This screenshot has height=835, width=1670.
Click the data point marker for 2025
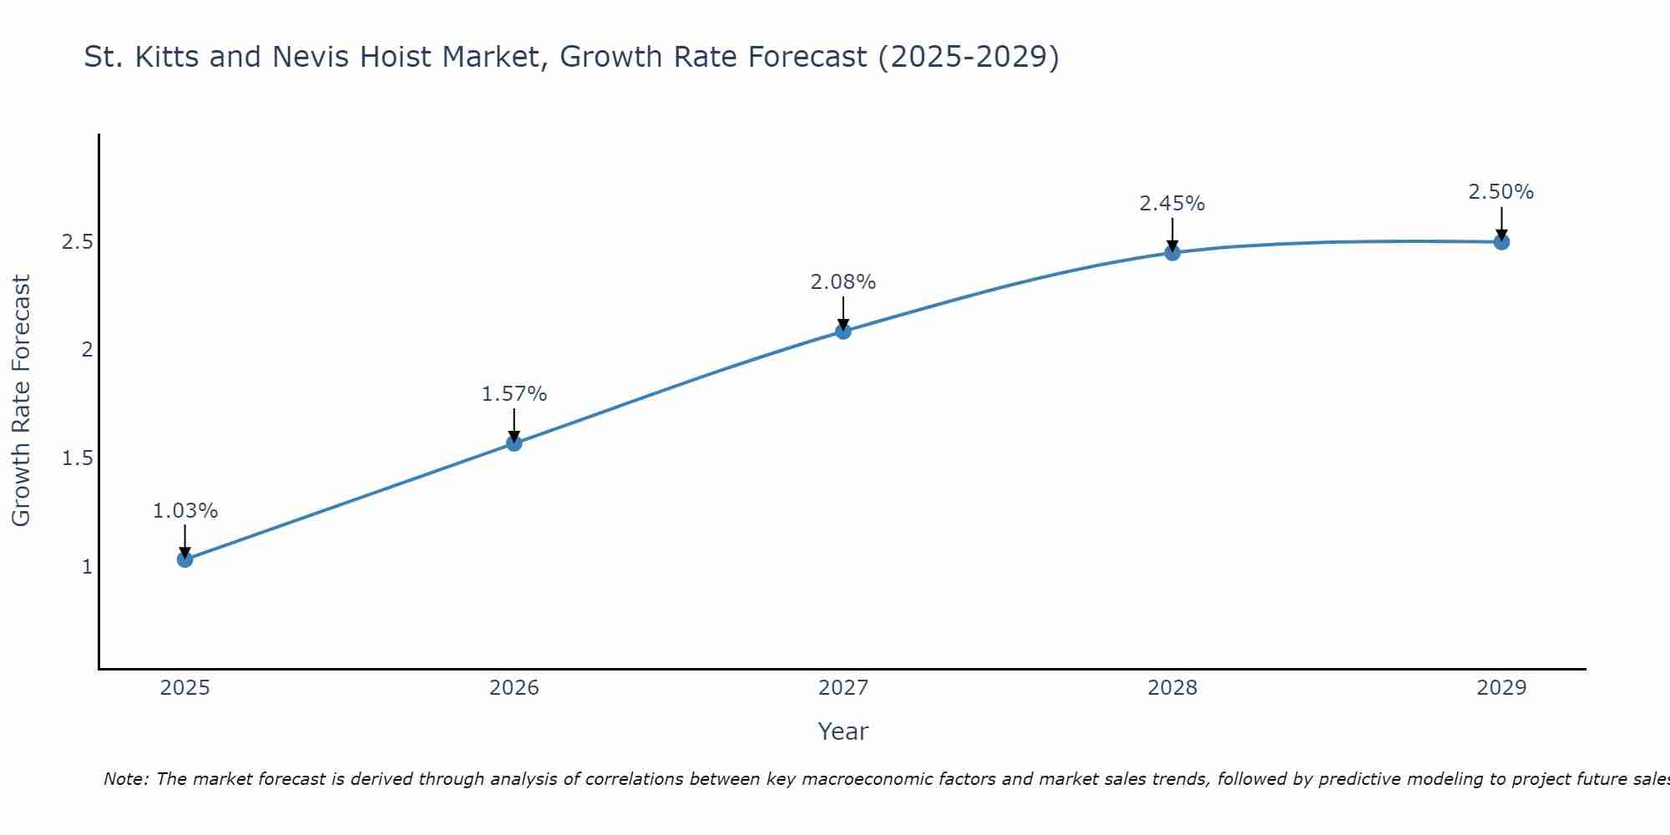tap(185, 559)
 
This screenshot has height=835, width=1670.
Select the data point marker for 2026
tap(514, 443)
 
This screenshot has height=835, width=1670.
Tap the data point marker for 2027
tap(843, 331)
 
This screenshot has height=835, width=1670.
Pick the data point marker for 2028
tap(1172, 253)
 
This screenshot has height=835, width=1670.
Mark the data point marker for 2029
tap(1501, 242)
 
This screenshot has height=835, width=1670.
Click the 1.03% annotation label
tap(185, 511)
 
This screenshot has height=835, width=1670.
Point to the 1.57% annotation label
tap(514, 394)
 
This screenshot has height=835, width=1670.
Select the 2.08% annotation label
tap(843, 282)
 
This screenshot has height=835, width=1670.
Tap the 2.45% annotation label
tap(1172, 204)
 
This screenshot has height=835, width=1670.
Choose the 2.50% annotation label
tap(1501, 192)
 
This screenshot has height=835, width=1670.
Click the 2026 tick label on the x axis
tap(514, 688)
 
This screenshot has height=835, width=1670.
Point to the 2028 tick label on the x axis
tap(1172, 688)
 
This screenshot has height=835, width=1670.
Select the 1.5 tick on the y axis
tap(77, 458)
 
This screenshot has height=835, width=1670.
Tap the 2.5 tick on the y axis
tap(77, 243)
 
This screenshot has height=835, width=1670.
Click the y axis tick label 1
tap(87, 567)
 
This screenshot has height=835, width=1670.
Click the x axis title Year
tap(843, 731)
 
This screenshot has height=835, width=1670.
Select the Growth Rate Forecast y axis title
tap(22, 401)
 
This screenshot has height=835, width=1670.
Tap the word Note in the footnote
tap(125, 779)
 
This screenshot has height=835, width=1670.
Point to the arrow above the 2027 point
tap(843, 313)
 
